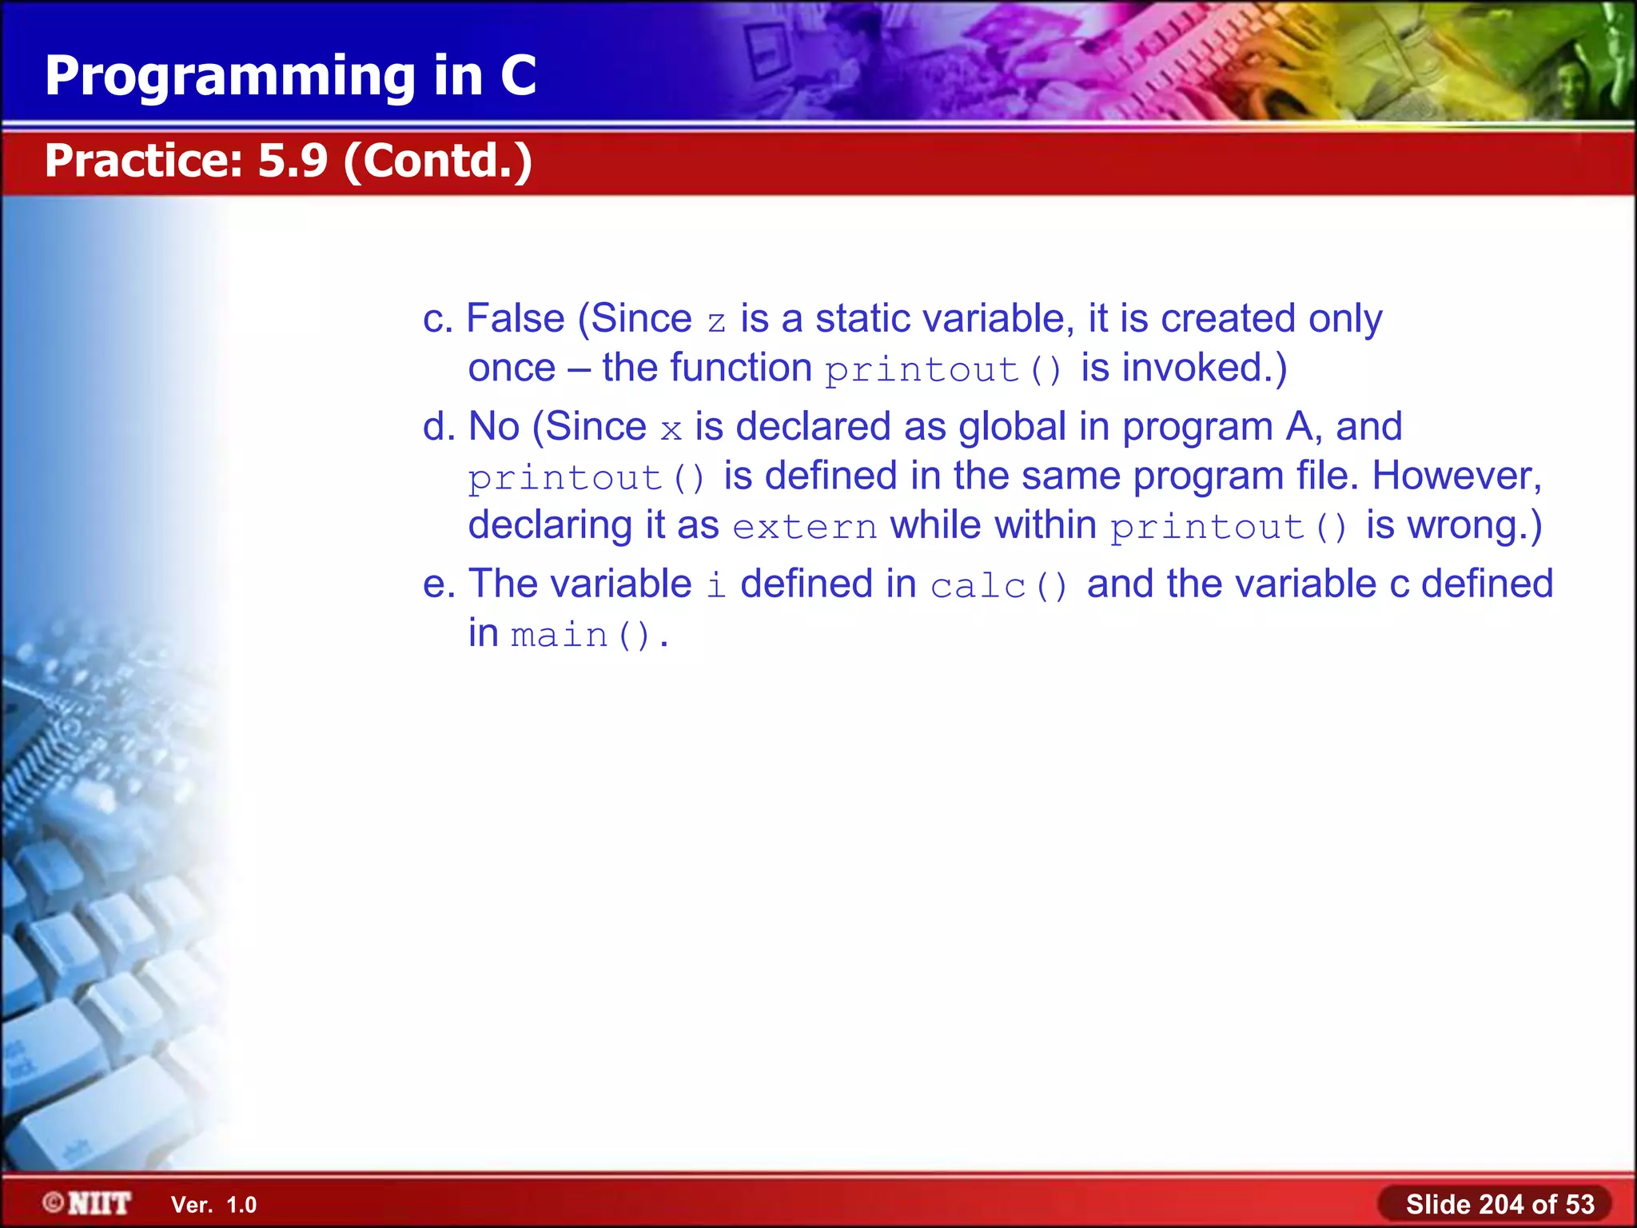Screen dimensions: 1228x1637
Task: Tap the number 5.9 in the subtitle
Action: pos(293,161)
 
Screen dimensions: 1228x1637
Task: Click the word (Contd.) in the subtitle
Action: pos(438,161)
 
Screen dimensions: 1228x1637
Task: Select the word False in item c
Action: pos(515,318)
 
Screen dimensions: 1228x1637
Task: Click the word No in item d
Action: pos(494,426)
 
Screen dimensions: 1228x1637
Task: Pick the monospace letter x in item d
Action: pos(671,430)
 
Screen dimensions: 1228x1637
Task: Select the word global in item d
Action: pos(1012,426)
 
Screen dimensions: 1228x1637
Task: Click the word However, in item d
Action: pos(1456,476)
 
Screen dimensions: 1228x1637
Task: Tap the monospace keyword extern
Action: pos(805,528)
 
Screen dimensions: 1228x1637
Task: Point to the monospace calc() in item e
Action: pos(998,586)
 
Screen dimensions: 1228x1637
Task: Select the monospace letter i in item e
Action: pos(716,584)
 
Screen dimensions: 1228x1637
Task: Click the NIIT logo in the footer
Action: pos(88,1203)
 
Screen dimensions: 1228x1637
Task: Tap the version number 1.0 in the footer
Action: pos(241,1205)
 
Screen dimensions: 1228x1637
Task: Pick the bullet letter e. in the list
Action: pos(439,584)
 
